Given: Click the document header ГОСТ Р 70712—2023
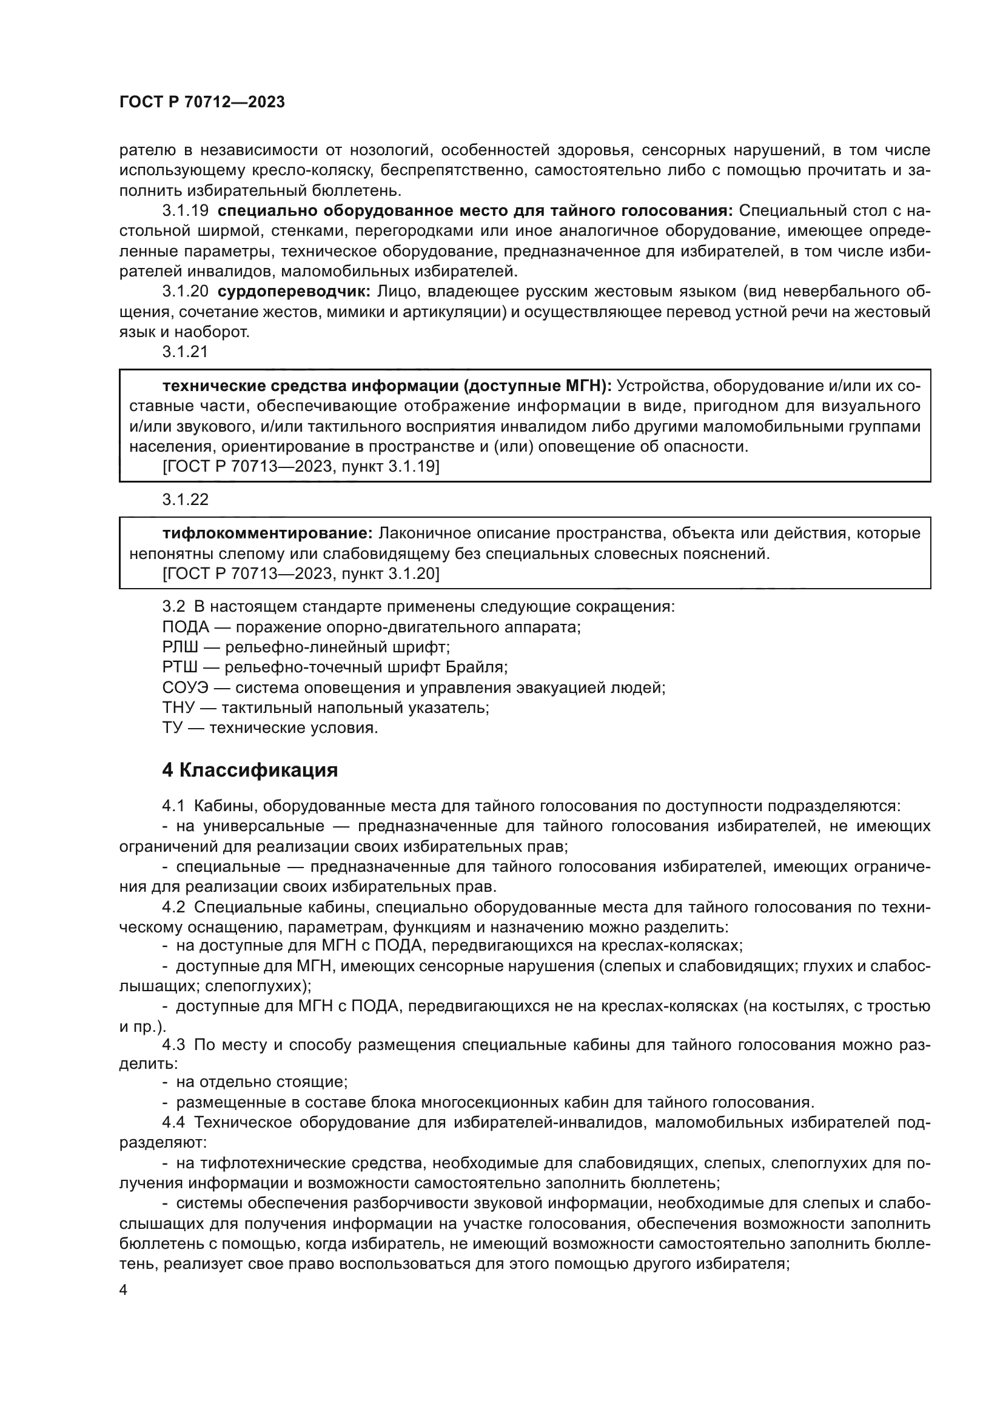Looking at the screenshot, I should tap(202, 102).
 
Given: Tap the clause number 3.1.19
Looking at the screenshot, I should tap(186, 210).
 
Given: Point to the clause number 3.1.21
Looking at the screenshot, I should tap(186, 352).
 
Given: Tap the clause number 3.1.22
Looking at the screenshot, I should tap(186, 499).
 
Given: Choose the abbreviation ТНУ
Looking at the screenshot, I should tap(178, 707).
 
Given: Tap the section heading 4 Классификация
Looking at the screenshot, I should tap(249, 770).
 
